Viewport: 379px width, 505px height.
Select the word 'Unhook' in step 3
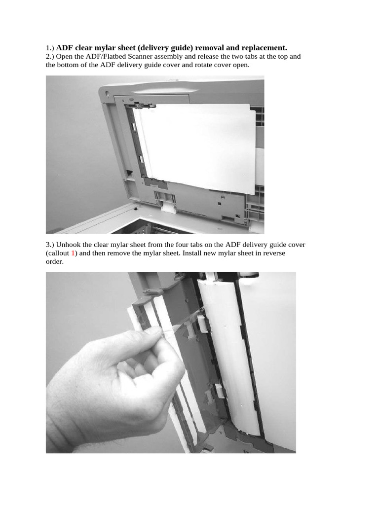(x=69, y=245)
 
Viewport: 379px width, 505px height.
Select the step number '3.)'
(x=50, y=245)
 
